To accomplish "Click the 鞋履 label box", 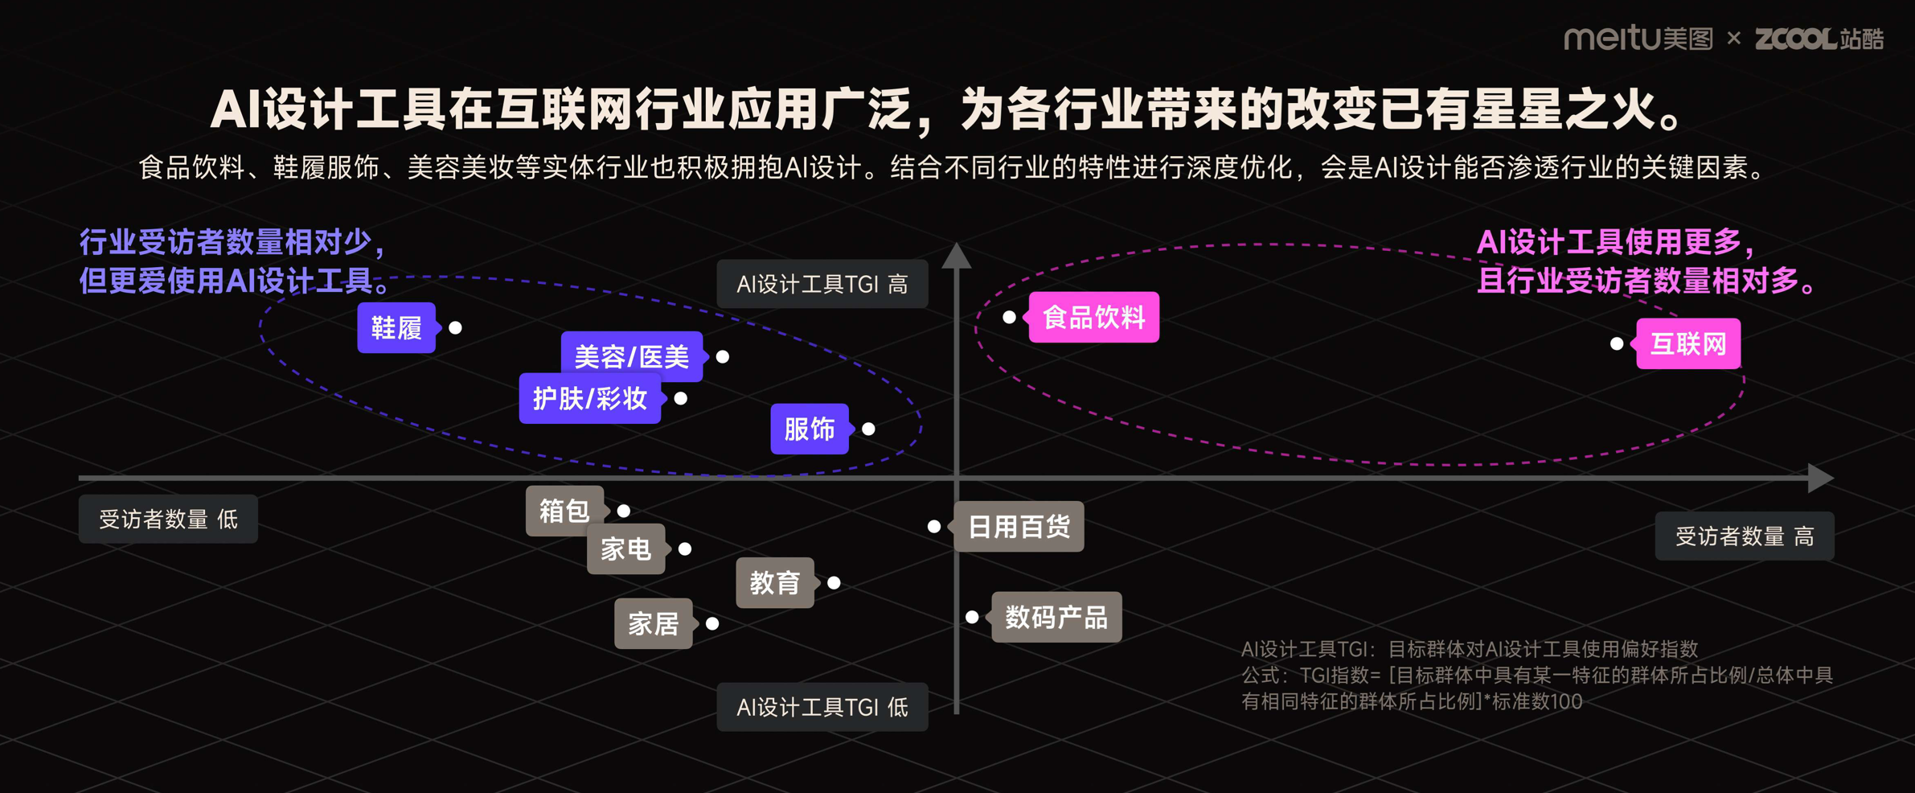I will pos(396,327).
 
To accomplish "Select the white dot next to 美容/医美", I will pos(723,356).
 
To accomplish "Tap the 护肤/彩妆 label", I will pos(590,398).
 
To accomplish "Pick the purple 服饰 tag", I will pos(810,429).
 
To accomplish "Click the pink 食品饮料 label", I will pos(1093,317).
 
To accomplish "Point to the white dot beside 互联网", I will pos(1617,343).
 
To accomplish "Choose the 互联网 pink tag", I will pos(1688,344).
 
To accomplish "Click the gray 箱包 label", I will pos(564,511).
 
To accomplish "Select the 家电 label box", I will pos(625,549).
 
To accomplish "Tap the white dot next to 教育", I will pos(834,582).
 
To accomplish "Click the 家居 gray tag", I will pos(653,623).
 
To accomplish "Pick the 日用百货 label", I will pos(1019,527).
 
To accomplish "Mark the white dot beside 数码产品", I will pos(972,617).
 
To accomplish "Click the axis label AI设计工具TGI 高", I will pos(822,284).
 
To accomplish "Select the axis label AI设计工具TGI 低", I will pos(822,707).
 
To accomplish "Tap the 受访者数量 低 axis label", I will pos(168,519).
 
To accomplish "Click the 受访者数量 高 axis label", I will pos(1744,536).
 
